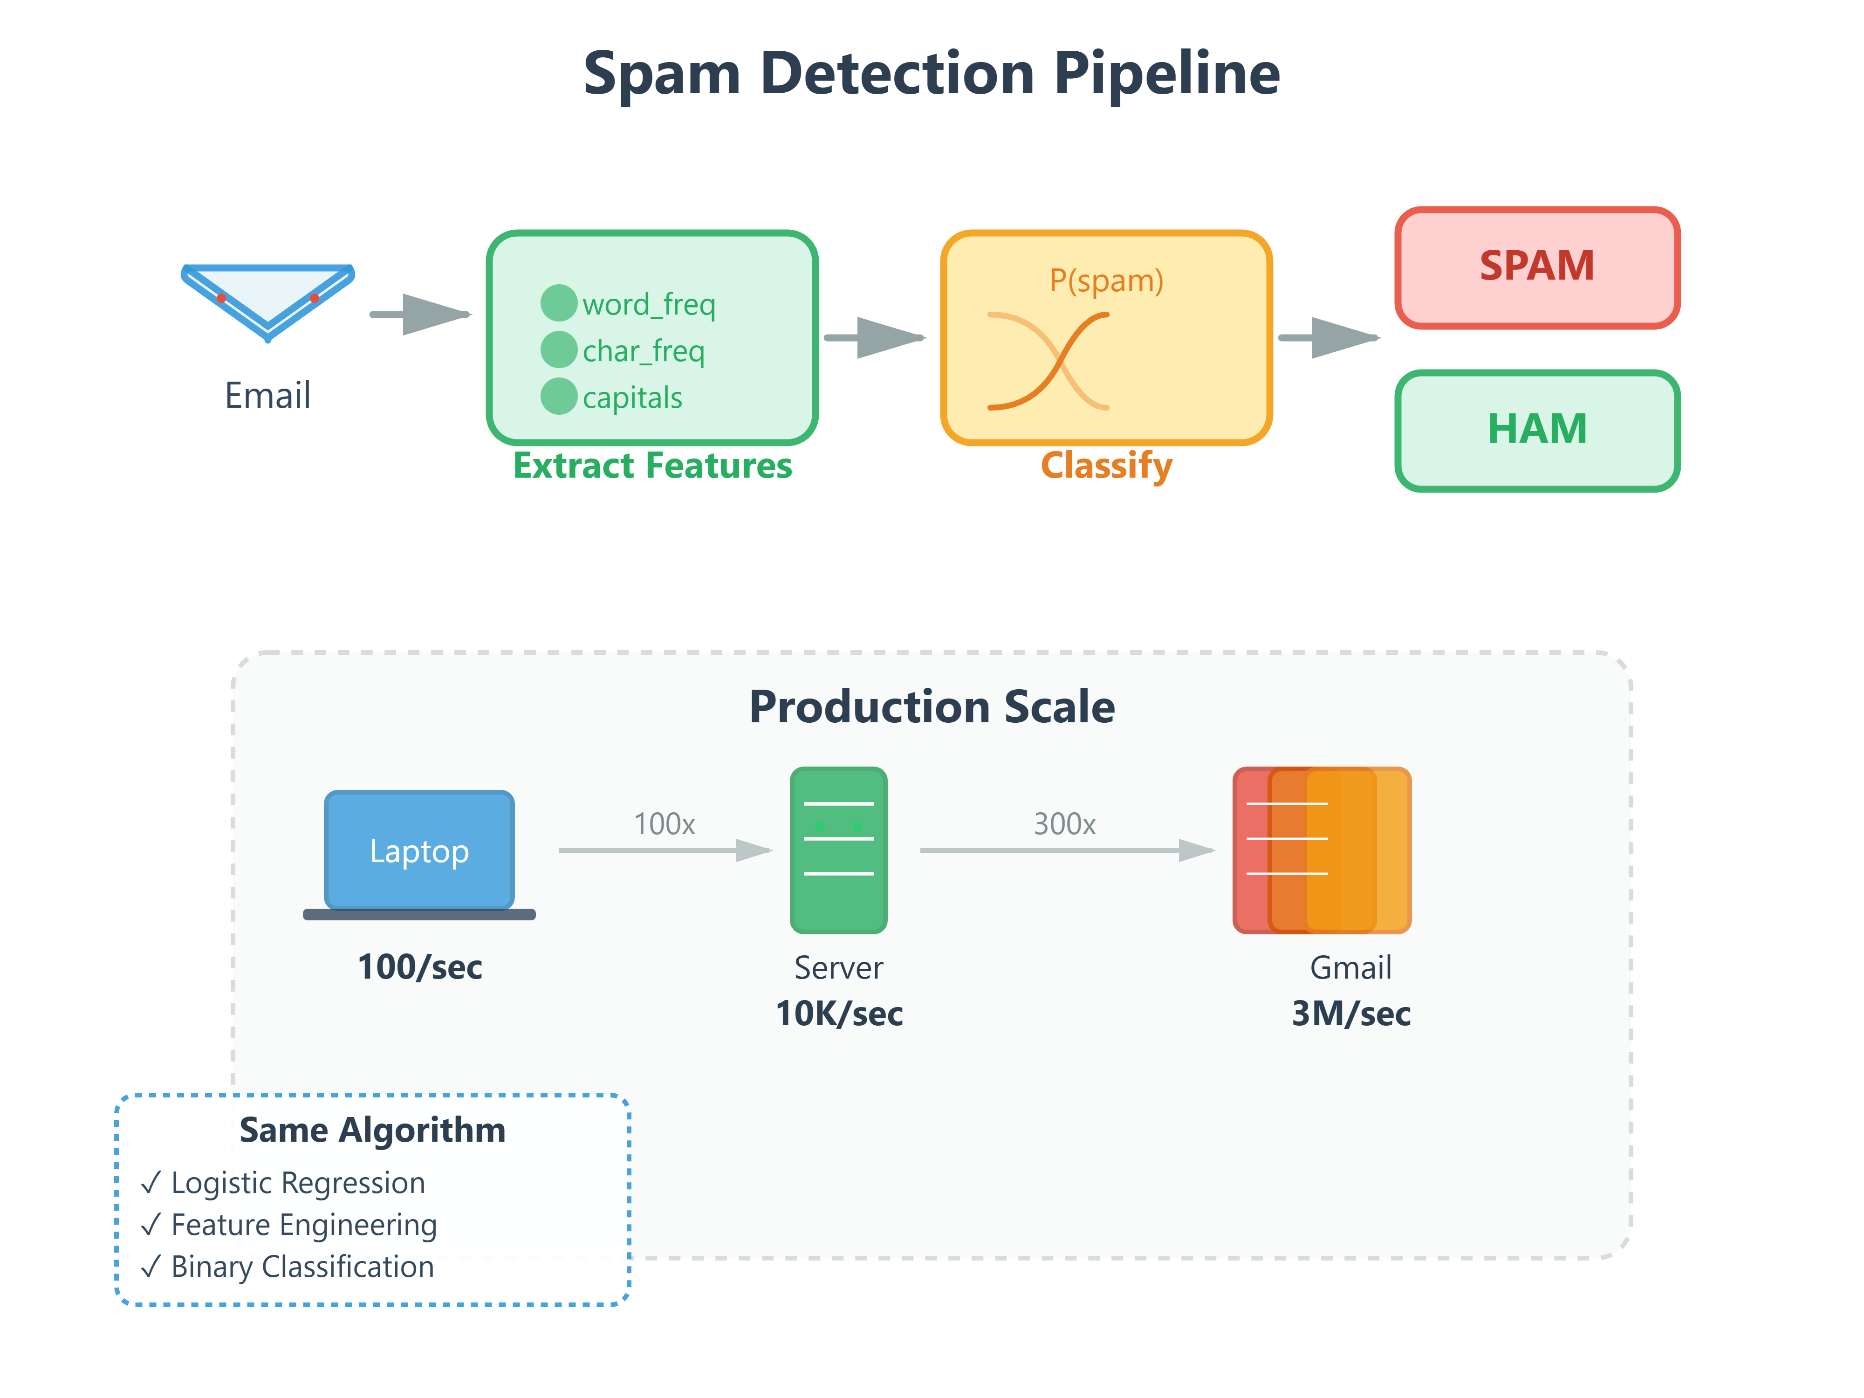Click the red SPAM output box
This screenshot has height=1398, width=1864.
tap(1536, 267)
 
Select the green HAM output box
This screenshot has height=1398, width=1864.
tap(1536, 430)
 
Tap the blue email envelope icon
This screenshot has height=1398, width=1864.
tap(268, 299)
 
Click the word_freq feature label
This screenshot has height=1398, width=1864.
tap(648, 304)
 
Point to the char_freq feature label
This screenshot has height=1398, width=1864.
tap(643, 350)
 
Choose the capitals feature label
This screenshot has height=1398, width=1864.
tap(632, 398)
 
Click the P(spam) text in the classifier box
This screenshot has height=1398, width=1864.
tap(1106, 281)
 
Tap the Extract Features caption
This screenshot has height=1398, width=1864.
tap(652, 466)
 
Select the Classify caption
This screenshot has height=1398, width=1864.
tap(1106, 466)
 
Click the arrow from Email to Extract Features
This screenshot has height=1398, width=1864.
tap(420, 315)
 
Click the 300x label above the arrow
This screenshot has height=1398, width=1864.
tap(1064, 824)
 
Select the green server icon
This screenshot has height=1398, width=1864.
tap(838, 850)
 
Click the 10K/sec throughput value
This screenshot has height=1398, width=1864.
tap(838, 1014)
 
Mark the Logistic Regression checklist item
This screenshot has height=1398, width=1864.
tap(297, 1183)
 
